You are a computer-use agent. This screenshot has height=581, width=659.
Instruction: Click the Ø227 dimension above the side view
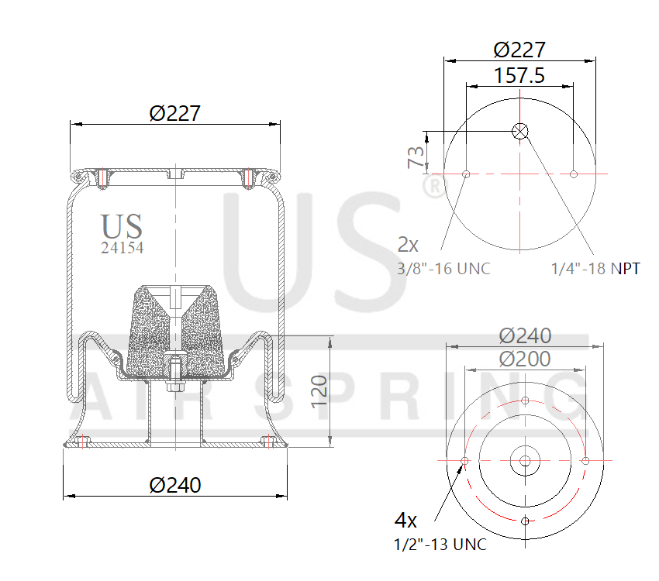tap(174, 113)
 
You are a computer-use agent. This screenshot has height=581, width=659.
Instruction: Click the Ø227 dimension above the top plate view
tap(519, 50)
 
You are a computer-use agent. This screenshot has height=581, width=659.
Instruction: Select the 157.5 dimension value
tap(519, 75)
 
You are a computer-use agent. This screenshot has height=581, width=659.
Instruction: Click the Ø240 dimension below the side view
tap(174, 485)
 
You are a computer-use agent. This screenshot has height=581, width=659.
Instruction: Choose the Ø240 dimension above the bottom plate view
tap(525, 335)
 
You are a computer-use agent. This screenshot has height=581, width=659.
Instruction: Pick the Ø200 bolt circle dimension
tap(525, 359)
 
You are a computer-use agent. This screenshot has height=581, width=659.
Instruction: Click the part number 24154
tap(122, 249)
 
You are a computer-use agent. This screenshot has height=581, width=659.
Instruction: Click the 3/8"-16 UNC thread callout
tap(443, 269)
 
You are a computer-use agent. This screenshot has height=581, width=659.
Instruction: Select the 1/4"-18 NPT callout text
tap(595, 269)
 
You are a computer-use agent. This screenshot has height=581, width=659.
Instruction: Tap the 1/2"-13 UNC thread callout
tap(440, 545)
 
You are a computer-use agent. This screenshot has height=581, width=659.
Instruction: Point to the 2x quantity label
tap(408, 246)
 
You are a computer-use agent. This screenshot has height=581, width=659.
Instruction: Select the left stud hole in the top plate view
tap(466, 174)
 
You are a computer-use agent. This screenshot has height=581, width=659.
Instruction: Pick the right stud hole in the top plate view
tap(573, 174)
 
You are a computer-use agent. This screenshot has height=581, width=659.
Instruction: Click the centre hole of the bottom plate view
tap(525, 461)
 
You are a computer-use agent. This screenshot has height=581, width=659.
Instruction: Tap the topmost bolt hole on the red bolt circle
tap(525, 401)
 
